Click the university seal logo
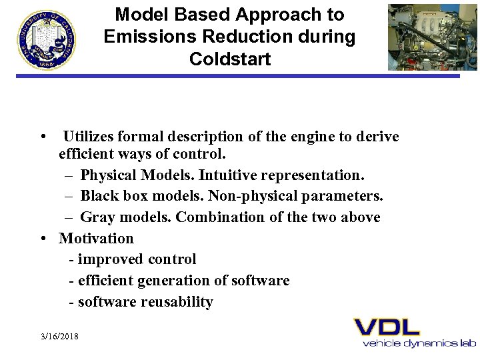point(47,39)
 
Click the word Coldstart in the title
point(230,59)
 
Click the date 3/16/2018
point(59,337)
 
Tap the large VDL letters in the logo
point(387,327)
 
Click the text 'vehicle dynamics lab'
point(419,343)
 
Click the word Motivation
point(96,238)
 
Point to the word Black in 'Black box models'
point(99,197)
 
